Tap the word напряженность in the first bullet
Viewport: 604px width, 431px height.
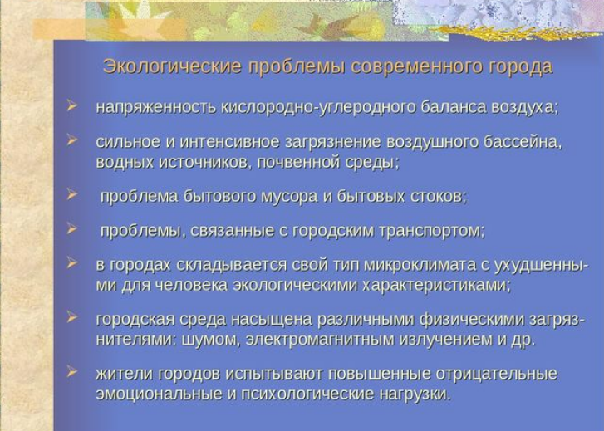(x=155, y=108)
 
